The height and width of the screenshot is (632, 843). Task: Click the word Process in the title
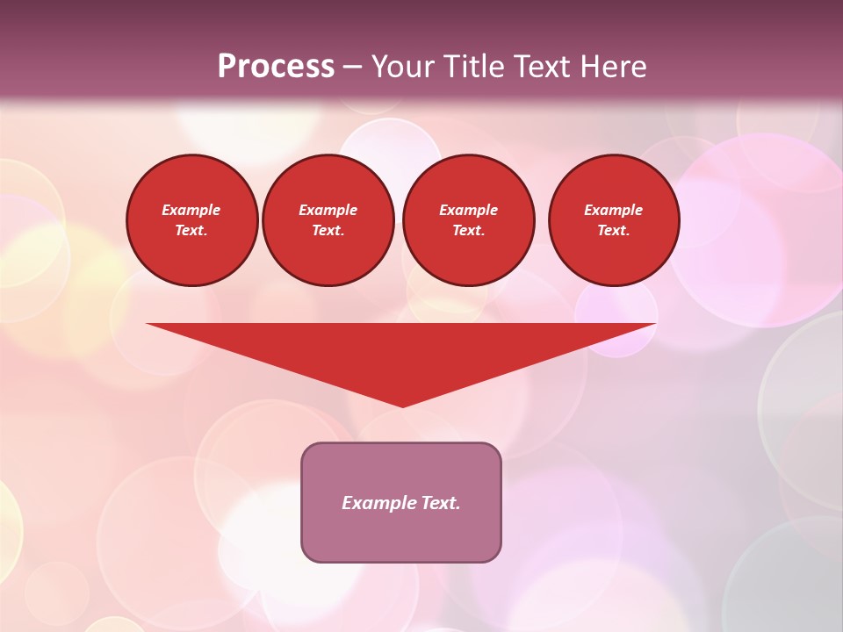tap(276, 66)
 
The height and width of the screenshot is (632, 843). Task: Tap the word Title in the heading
tap(472, 66)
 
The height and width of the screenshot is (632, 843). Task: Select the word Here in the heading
tap(612, 66)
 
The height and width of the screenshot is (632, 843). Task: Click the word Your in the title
tap(402, 66)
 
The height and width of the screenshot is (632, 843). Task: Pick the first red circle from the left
tap(191, 220)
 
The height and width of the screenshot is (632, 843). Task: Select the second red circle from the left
tap(328, 220)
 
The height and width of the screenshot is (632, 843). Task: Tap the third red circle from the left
tap(468, 220)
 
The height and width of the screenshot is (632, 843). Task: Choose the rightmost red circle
tap(613, 220)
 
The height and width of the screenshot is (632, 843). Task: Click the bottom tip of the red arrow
tap(402, 406)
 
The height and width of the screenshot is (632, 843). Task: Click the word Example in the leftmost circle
tap(191, 210)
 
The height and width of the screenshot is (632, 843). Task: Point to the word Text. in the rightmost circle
tap(613, 231)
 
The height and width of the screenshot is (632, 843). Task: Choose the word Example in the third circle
tap(468, 210)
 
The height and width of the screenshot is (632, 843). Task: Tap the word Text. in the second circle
tap(328, 231)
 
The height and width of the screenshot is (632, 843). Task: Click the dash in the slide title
tap(353, 67)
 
